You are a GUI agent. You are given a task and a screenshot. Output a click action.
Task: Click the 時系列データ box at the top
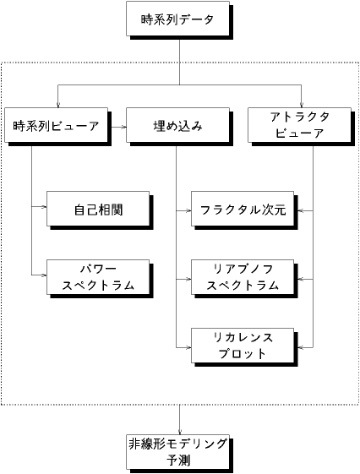point(177,19)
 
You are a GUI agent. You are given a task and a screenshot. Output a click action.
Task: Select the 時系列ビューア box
point(57,125)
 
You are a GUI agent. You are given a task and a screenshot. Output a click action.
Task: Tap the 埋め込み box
point(177,125)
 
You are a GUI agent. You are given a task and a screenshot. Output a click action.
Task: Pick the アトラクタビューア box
point(299,125)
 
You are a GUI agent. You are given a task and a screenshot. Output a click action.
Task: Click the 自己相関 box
point(98,209)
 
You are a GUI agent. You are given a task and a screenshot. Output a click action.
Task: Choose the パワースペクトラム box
point(98,277)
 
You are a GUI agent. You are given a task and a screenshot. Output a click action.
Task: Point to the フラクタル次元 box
point(243,209)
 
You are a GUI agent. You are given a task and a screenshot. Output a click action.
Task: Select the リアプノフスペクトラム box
point(243,277)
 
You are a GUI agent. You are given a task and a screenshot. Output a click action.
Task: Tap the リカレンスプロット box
point(243,346)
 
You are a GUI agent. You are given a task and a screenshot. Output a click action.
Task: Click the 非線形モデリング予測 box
point(177,452)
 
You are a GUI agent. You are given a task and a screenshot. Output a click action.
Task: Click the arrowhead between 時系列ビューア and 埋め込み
point(124,128)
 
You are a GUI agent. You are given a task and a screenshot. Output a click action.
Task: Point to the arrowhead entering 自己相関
point(45,207)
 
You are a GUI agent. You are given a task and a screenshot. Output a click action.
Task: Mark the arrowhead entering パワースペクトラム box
point(45,275)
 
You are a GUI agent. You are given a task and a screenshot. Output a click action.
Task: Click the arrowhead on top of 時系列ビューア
point(57,106)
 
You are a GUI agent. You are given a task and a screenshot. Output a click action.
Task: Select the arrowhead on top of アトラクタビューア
point(302,106)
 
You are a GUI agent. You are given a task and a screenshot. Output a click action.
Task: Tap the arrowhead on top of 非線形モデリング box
point(180,433)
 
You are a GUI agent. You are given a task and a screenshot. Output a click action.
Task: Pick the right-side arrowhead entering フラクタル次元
point(297,210)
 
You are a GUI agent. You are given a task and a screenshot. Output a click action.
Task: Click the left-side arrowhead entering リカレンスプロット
point(189,348)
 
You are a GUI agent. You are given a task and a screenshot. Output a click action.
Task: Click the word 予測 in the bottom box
point(178,460)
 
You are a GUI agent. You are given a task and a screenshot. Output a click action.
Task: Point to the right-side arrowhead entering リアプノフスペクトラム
point(297,280)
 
